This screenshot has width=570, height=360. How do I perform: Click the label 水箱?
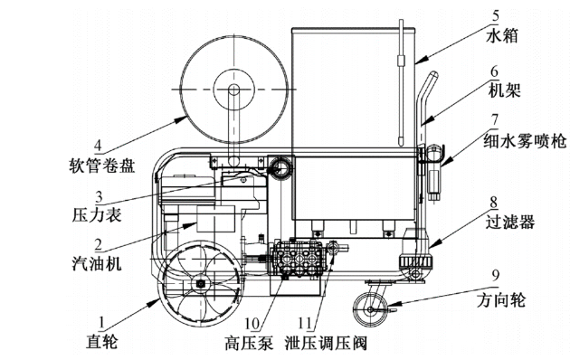click(501, 36)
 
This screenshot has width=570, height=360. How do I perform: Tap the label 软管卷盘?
click(102, 166)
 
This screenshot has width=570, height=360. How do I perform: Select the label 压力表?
click(97, 215)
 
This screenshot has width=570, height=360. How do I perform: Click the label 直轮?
click(102, 342)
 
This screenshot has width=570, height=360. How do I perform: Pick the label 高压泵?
click(249, 343)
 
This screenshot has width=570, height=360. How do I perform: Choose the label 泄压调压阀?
click(326, 343)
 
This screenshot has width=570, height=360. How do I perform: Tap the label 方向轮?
click(501, 300)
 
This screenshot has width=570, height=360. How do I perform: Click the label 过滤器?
click(510, 222)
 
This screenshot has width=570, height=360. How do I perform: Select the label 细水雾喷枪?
click(525, 140)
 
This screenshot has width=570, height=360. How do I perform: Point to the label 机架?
click(504, 90)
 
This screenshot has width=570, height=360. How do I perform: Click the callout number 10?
click(252, 323)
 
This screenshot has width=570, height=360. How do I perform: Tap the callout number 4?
click(98, 146)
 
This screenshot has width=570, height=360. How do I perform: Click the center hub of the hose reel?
click(233, 89)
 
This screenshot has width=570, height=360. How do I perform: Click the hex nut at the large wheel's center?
click(200, 284)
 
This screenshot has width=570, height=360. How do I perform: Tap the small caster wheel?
click(370, 309)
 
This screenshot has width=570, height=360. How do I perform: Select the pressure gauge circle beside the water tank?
click(280, 167)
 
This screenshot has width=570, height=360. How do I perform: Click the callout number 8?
click(493, 203)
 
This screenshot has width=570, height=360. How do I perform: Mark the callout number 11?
click(305, 323)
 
